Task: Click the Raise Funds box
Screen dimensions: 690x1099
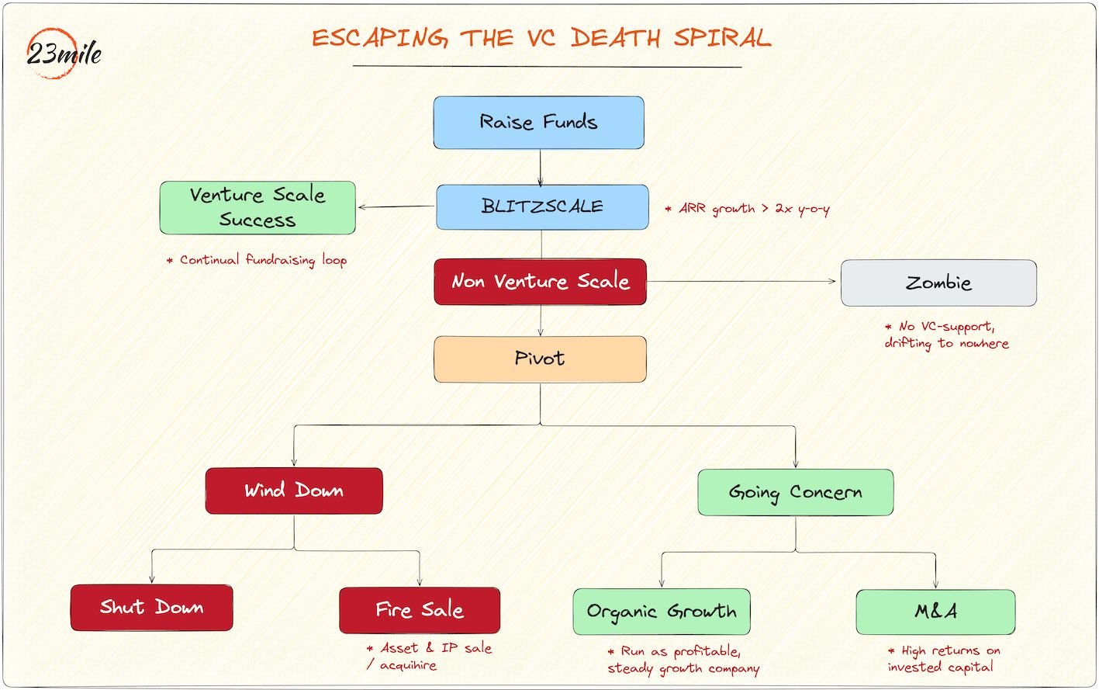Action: coord(538,123)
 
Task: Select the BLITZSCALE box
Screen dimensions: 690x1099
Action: coord(542,207)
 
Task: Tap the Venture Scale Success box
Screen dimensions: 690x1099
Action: coord(257,208)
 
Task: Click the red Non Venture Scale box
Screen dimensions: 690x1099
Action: coord(541,282)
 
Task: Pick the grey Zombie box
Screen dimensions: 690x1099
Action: coord(938,283)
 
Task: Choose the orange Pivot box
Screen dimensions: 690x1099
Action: coord(540,359)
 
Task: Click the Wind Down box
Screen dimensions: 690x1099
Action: coord(294,491)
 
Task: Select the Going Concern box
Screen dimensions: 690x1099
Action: coord(795,492)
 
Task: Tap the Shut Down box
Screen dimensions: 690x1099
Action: coord(151,608)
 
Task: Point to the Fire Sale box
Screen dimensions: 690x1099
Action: coord(419,610)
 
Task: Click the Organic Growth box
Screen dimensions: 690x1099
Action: coord(662,612)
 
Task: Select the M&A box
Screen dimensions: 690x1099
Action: coord(935,612)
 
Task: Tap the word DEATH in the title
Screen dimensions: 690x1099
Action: coord(616,38)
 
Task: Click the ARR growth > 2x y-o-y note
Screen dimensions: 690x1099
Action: coord(748,209)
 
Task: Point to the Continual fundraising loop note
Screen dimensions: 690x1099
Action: coord(257,260)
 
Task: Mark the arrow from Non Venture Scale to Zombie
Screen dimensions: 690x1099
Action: coord(743,282)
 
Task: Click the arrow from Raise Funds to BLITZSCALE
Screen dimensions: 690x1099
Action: coord(541,167)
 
